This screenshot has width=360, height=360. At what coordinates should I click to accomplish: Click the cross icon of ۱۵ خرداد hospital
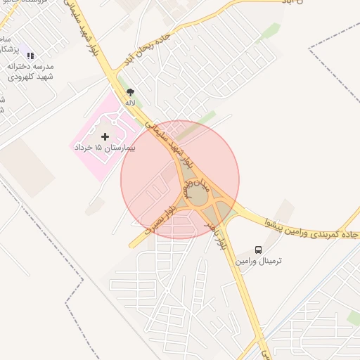pos(105,136)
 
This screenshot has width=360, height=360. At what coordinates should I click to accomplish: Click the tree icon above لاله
pos(129,91)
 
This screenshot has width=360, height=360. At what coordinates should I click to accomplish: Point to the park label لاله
pos(129,103)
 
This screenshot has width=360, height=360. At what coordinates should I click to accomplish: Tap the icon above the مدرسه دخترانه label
pos(30,55)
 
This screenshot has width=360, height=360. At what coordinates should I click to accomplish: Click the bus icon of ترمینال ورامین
pos(259,250)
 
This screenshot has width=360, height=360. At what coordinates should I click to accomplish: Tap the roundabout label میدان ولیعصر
pos(195,186)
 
